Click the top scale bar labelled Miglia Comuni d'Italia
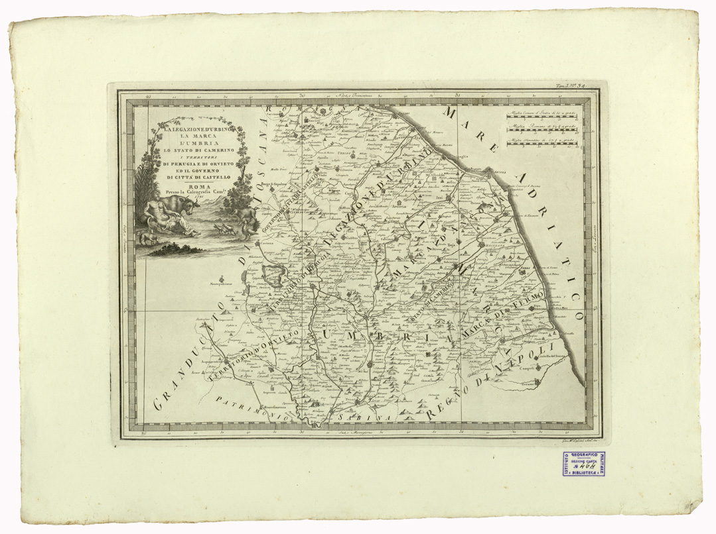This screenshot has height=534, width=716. pyautogui.click(x=541, y=117)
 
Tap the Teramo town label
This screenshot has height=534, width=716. pyautogui.click(x=530, y=384)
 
